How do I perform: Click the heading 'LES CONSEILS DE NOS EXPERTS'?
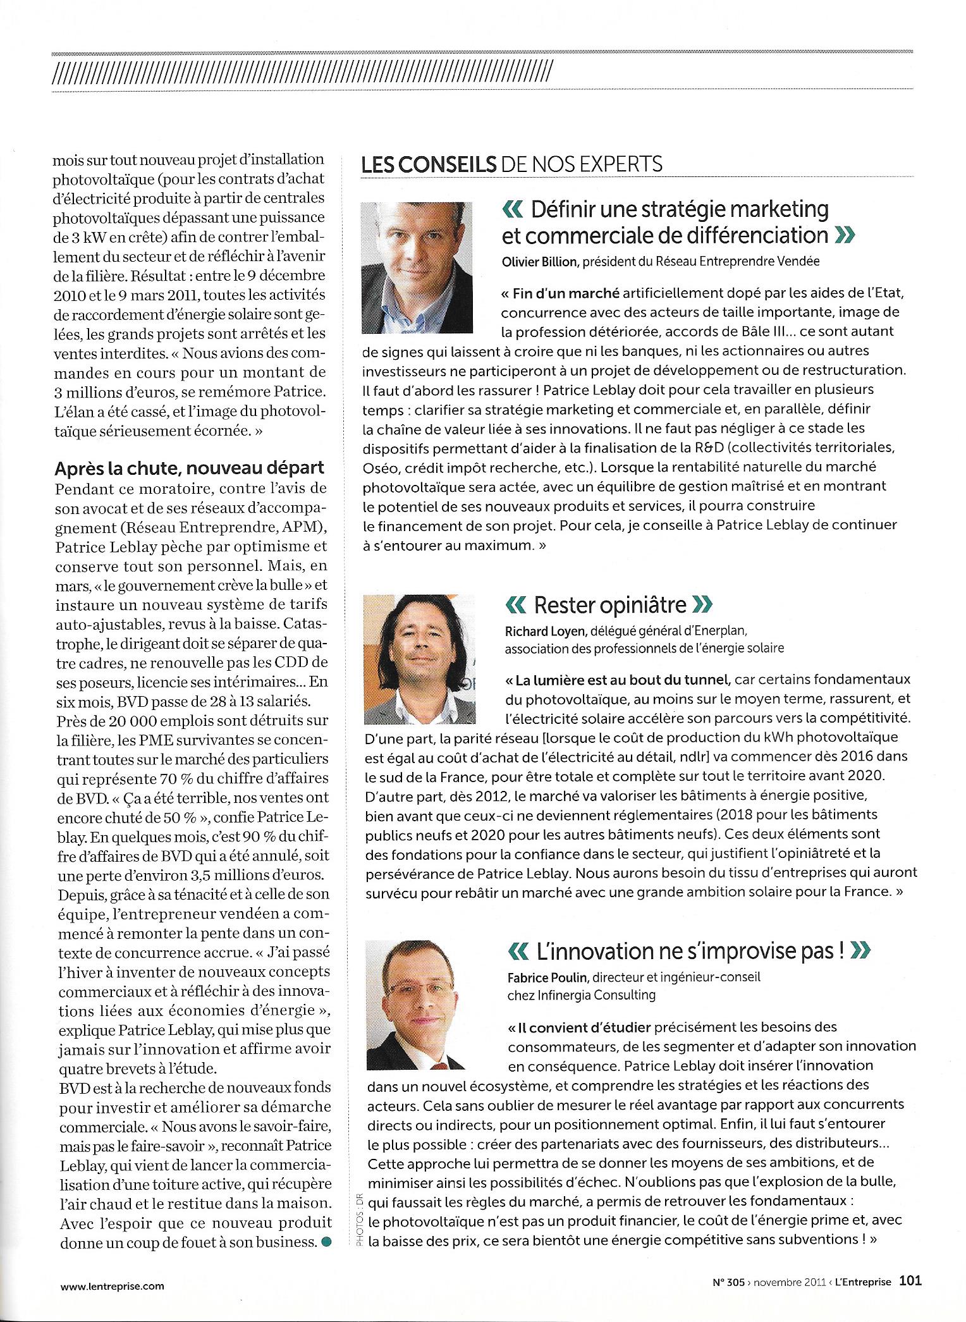tap(511, 164)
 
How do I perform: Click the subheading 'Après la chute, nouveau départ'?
tap(189, 468)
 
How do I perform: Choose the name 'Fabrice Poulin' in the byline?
tap(547, 977)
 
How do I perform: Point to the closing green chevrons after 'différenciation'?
tap(844, 236)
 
